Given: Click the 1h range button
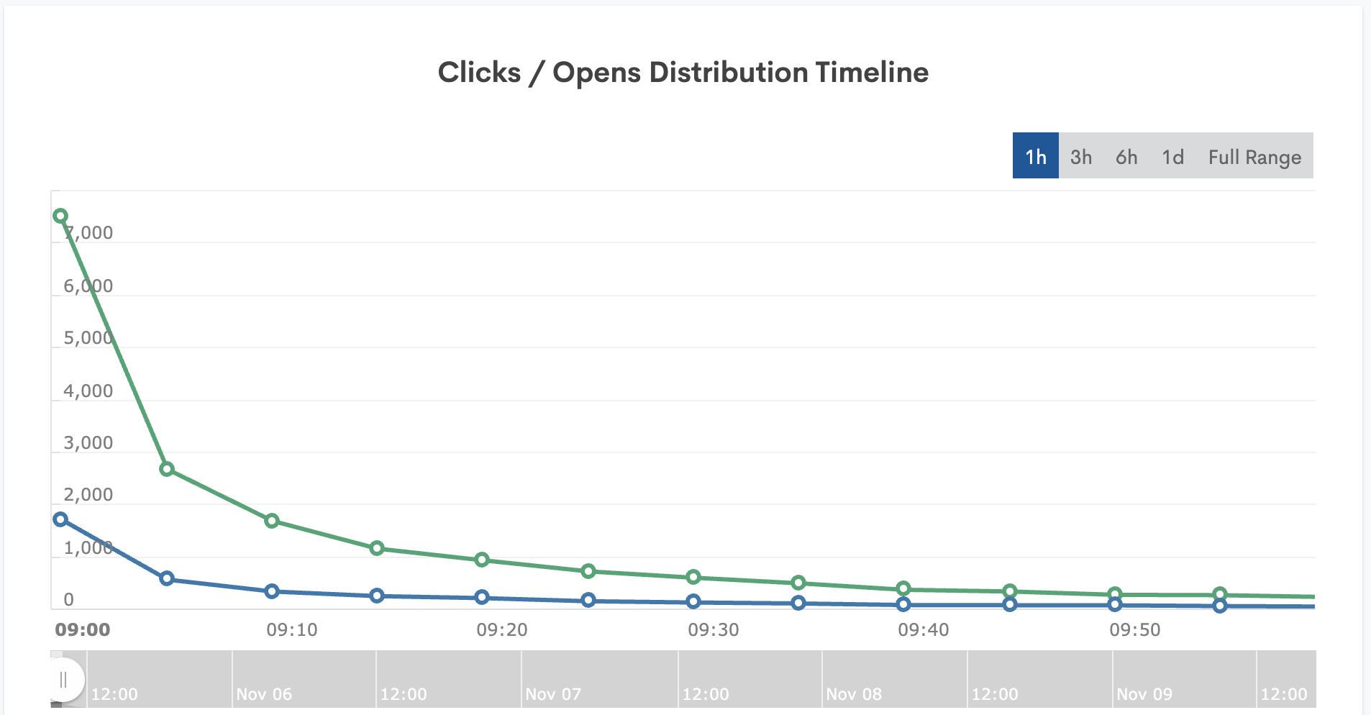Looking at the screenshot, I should pyautogui.click(x=1035, y=156).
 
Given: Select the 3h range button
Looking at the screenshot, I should pyautogui.click(x=1080, y=156).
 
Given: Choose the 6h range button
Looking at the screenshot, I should pyautogui.click(x=1126, y=156).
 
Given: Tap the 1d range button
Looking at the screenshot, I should pyautogui.click(x=1172, y=156).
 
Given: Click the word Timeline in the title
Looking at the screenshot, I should pyautogui.click(x=872, y=73).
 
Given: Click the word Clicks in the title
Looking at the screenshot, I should pyautogui.click(x=479, y=73).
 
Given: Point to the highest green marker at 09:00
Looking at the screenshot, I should pyautogui.click(x=60, y=216).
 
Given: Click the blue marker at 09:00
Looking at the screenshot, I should pyautogui.click(x=60, y=519).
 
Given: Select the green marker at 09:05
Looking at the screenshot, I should pyautogui.click(x=166, y=469).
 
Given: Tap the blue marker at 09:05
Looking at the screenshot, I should pyautogui.click(x=166, y=578).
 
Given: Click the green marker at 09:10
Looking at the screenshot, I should pyautogui.click(x=271, y=521).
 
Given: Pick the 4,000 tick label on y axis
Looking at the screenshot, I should pyautogui.click(x=88, y=391).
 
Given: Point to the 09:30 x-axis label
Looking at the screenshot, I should pyautogui.click(x=713, y=630).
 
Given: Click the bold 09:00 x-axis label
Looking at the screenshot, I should pyautogui.click(x=83, y=630).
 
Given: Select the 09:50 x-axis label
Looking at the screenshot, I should pyautogui.click(x=1134, y=630).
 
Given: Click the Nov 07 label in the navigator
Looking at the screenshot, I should pyautogui.click(x=552, y=694).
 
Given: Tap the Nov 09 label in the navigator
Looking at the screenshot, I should pyautogui.click(x=1144, y=694).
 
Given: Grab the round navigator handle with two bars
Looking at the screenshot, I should pyautogui.click(x=63, y=679).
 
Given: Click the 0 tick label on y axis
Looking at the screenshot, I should pyautogui.click(x=68, y=600).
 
